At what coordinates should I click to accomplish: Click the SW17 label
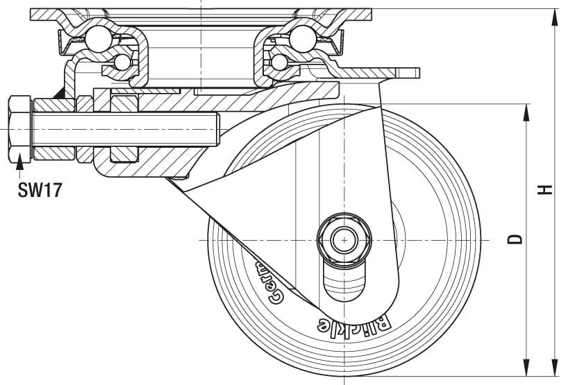click(x=40, y=190)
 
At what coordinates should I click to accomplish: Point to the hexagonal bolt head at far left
click(x=19, y=130)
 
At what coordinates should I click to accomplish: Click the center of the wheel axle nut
click(x=342, y=240)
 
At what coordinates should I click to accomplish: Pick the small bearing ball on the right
click(x=279, y=62)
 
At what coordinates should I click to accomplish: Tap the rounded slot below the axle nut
click(x=343, y=281)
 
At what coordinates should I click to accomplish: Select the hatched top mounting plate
click(x=201, y=14)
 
